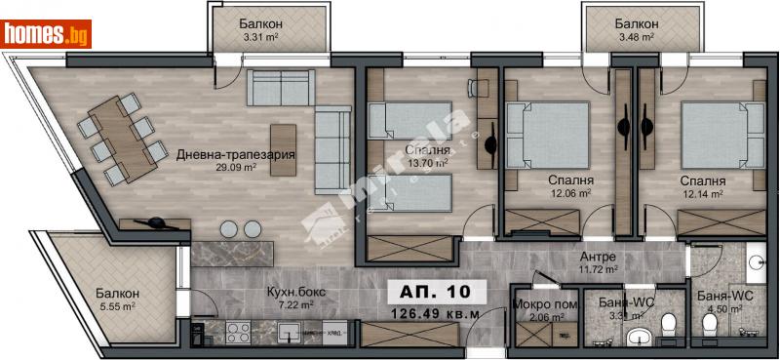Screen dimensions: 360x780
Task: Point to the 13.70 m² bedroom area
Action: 428,164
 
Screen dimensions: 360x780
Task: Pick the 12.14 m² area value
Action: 702,194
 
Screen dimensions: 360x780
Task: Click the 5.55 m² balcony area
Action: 118,306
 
